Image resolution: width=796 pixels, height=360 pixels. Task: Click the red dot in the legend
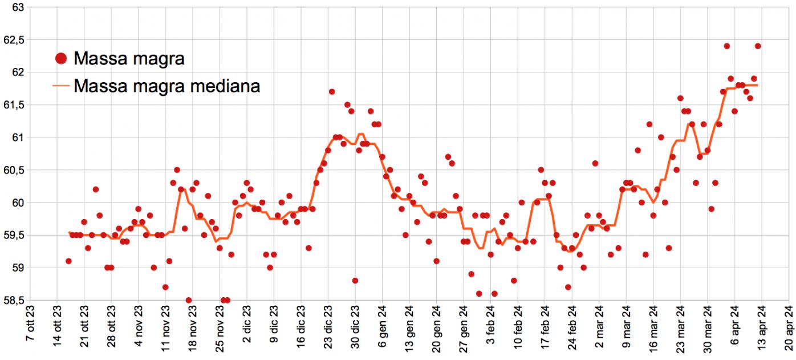[x=62, y=58]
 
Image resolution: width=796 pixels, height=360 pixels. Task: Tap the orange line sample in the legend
[x=62, y=86]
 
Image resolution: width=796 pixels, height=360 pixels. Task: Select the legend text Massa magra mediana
[x=167, y=86]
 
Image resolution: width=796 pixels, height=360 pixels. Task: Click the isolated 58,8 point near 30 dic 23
[x=355, y=281]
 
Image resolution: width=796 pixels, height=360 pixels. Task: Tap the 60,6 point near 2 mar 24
[x=595, y=163]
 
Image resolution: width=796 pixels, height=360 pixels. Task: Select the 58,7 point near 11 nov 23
[x=165, y=287]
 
